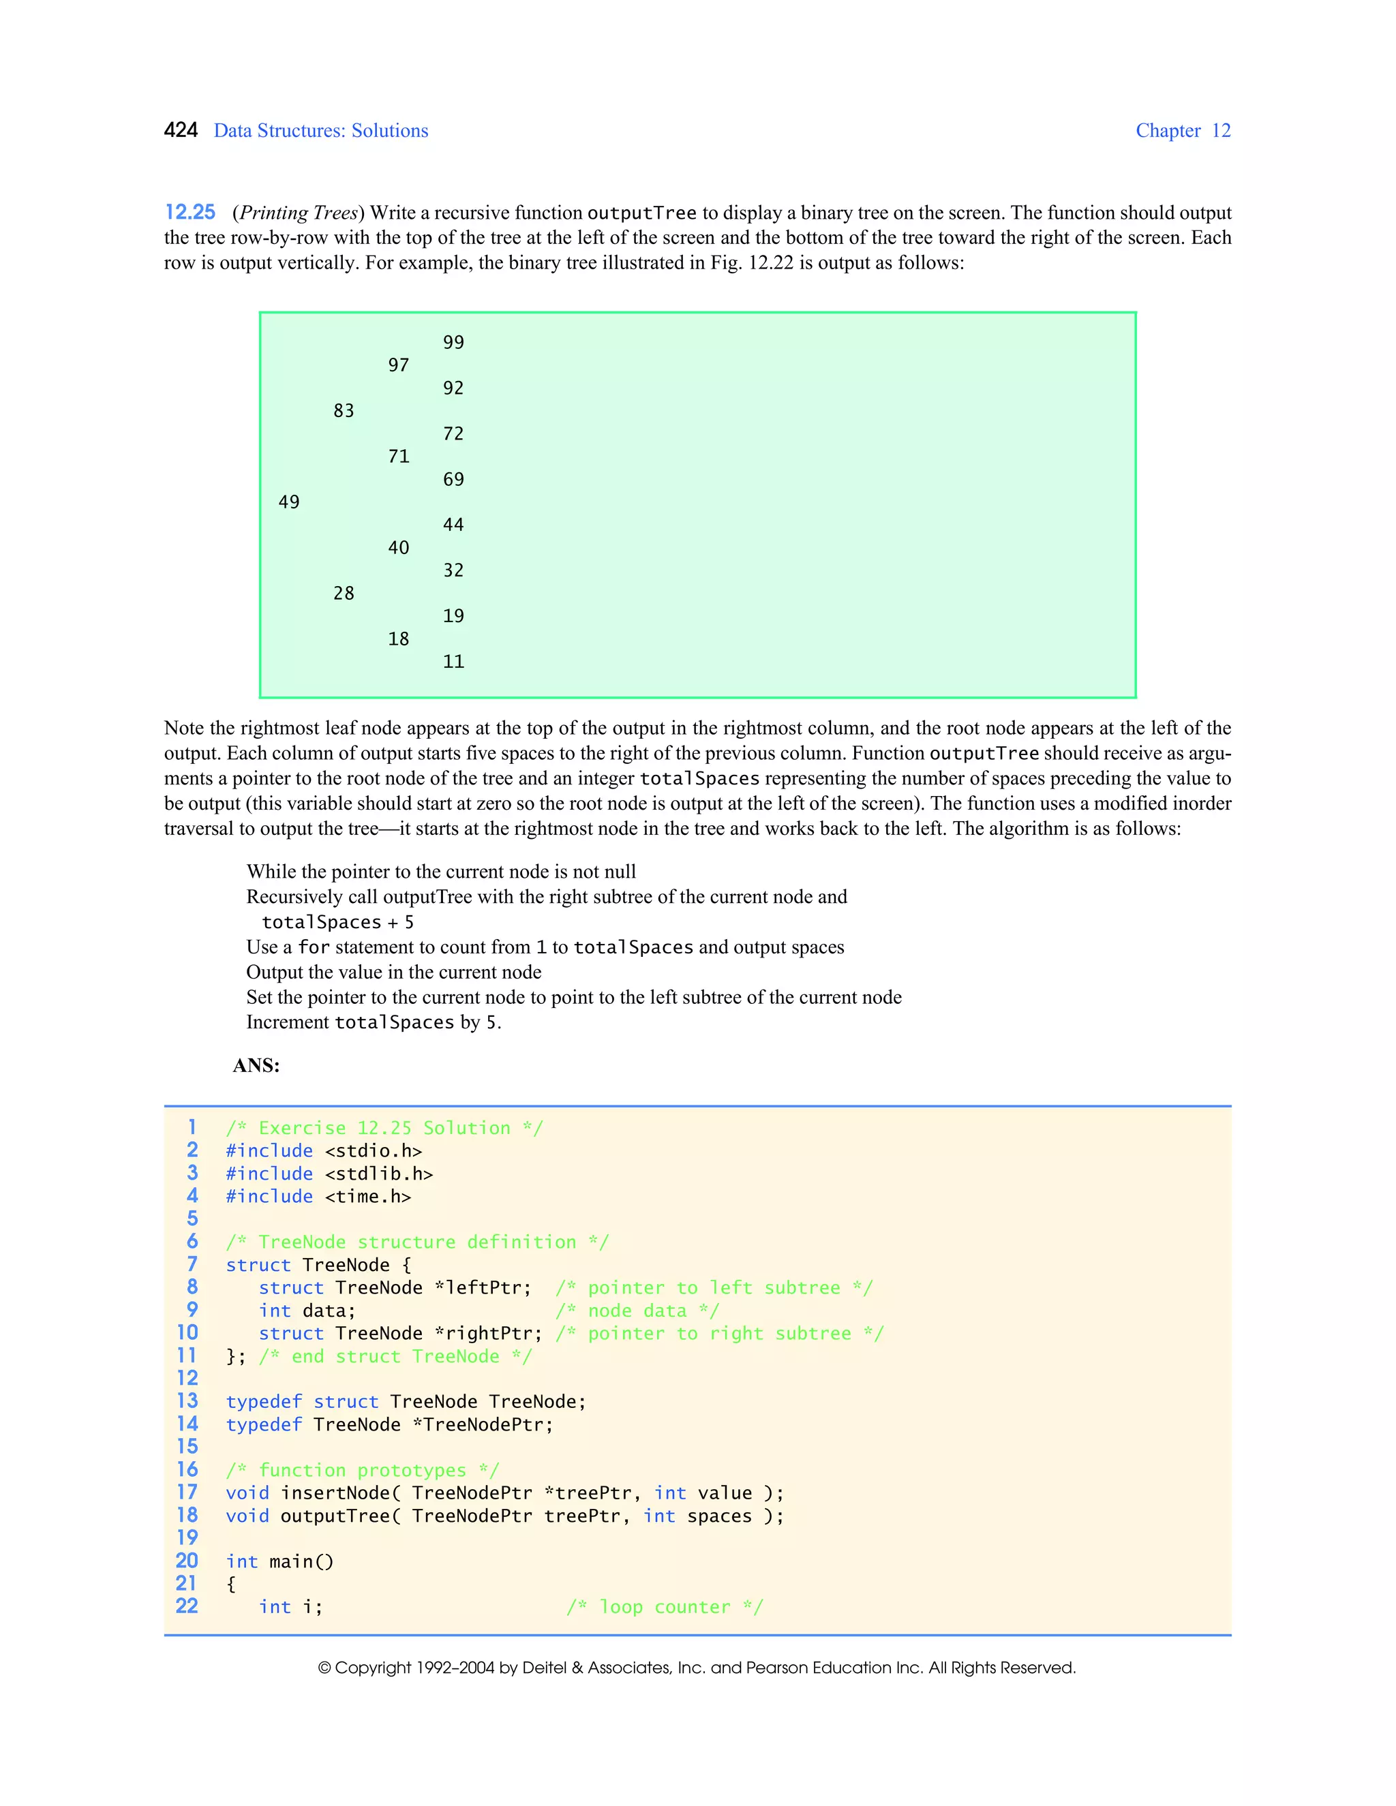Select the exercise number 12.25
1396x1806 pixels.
[x=189, y=213]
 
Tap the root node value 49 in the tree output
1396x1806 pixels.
[x=288, y=502]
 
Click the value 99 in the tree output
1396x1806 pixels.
[x=453, y=342]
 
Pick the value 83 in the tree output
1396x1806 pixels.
[x=344, y=411]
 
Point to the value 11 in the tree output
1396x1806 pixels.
[x=453, y=662]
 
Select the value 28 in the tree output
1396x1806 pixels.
[x=344, y=593]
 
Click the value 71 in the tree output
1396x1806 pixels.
[x=399, y=457]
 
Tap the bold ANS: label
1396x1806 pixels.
[x=256, y=1065]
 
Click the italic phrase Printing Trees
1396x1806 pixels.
[x=299, y=213]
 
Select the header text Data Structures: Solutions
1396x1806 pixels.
[x=321, y=131]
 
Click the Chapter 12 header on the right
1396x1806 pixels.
[x=1183, y=131]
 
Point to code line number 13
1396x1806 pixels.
[x=187, y=1401]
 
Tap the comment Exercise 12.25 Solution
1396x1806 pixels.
[x=384, y=1128]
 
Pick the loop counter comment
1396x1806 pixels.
[x=664, y=1607]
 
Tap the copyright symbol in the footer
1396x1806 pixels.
[x=325, y=1668]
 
